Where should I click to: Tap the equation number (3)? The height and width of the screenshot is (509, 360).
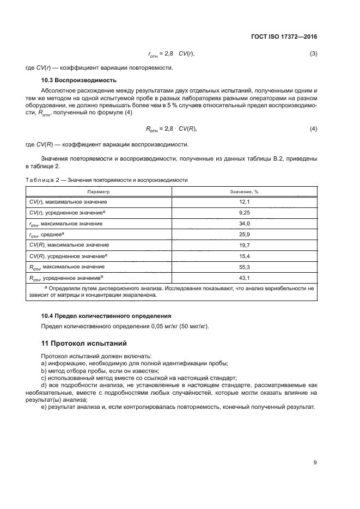point(313,54)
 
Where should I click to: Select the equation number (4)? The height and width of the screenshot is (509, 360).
point(313,129)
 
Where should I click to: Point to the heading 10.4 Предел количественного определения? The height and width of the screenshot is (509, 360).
point(106,316)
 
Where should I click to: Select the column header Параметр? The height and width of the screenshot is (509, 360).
point(98,192)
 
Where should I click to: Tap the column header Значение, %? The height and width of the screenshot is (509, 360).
point(245,192)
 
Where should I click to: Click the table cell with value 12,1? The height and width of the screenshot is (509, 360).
point(245,201)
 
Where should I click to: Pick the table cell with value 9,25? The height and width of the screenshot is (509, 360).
point(245,212)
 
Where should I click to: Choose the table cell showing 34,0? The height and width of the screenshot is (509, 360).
point(245,223)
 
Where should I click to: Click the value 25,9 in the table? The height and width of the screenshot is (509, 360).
point(245,234)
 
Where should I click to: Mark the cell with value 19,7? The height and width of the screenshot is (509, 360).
point(245,245)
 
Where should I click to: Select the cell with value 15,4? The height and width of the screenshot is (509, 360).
point(245,256)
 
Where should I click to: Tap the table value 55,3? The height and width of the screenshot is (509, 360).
point(245,267)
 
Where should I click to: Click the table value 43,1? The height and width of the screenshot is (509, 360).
point(245,278)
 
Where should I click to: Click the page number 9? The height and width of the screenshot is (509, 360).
point(315,463)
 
